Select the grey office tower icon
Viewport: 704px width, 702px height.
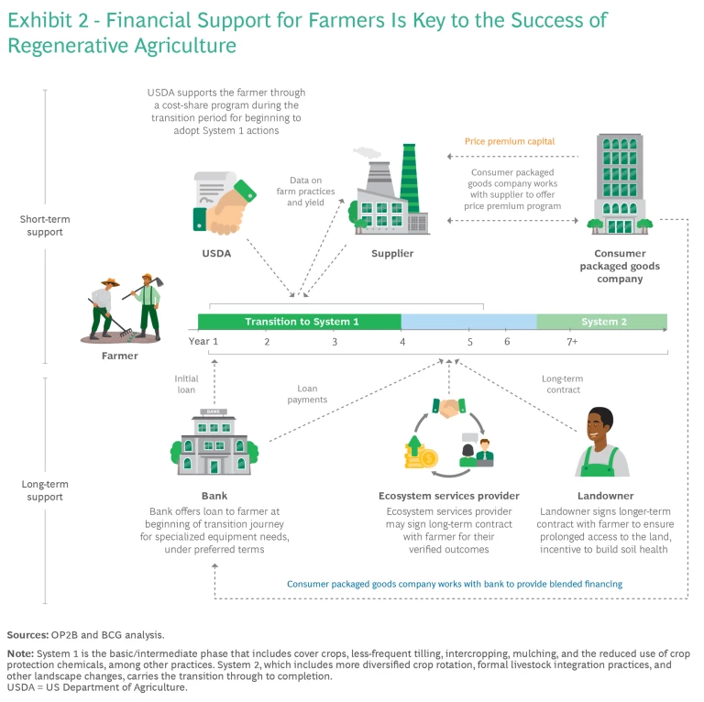tap(619, 184)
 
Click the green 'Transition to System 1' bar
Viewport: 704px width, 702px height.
tap(301, 322)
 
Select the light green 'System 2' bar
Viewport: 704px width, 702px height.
tap(602, 322)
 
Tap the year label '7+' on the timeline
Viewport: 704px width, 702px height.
tap(571, 342)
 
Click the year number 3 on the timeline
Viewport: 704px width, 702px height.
tap(335, 342)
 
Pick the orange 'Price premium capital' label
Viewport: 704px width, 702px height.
tap(510, 141)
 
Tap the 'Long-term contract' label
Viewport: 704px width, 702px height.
tap(561, 384)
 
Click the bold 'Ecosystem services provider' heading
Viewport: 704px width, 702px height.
tap(448, 496)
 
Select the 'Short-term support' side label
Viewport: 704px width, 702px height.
tap(45, 225)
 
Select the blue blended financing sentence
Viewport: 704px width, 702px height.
tap(455, 584)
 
